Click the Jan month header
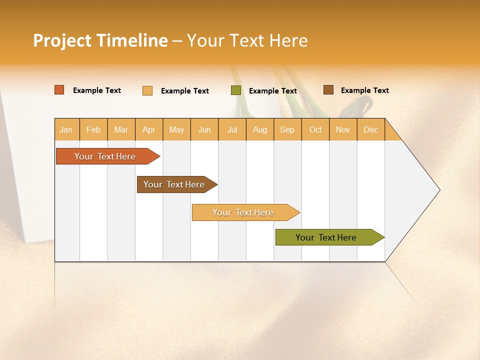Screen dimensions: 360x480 pos(66,129)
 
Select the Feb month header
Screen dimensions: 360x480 pos(93,129)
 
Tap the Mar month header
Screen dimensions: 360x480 pos(121,129)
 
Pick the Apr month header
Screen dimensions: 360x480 pos(149,129)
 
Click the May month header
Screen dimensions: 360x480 pos(176,129)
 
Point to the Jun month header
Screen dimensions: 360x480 pos(204,129)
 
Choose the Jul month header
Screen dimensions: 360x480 pos(232,129)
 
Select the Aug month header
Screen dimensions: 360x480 pos(260,129)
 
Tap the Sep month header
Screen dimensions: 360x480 pos(287,129)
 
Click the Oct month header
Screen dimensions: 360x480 pos(315,129)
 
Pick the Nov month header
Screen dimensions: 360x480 pos(343,129)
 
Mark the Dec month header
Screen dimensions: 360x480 pos(371,129)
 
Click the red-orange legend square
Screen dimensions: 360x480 pos(59,90)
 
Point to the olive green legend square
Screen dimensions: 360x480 pos(236,90)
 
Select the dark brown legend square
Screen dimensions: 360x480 pos(328,90)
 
